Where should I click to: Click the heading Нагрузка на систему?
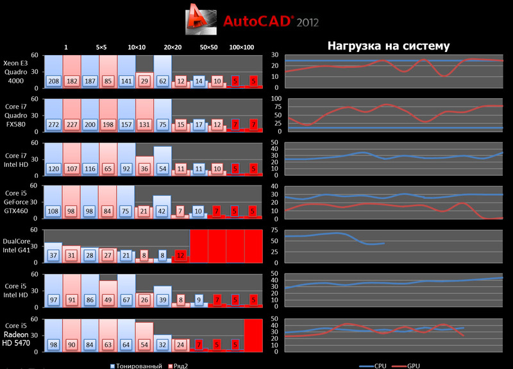click(389, 46)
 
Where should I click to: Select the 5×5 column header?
click(101, 47)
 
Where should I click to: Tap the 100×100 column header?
click(242, 47)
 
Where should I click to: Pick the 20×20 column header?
click(172, 47)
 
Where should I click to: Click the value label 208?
click(54, 81)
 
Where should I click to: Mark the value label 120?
click(54, 169)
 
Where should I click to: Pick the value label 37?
click(54, 255)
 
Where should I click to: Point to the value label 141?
click(127, 81)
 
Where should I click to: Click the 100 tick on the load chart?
click(276, 98)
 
